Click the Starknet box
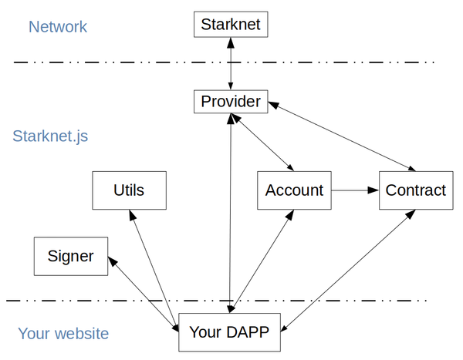click(x=231, y=24)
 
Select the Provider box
click(x=231, y=101)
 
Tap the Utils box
click(x=128, y=190)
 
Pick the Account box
click(x=294, y=190)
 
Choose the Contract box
click(x=415, y=190)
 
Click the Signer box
click(x=70, y=256)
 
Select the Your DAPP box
click(x=229, y=333)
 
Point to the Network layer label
click(x=59, y=27)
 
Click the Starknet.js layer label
click(x=50, y=136)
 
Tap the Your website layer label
click(x=63, y=334)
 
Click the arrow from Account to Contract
click(x=355, y=190)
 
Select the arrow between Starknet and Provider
click(x=231, y=63)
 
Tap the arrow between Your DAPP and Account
click(x=263, y=262)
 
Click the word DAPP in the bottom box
click(x=245, y=333)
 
